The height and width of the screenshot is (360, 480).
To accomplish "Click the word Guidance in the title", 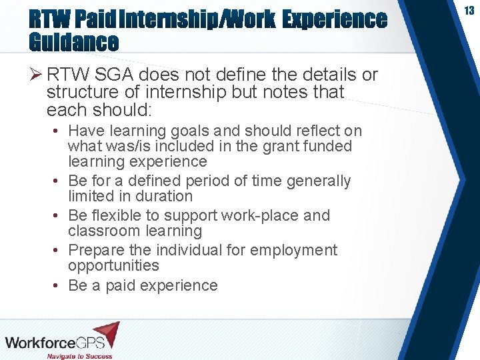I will [x=73, y=43].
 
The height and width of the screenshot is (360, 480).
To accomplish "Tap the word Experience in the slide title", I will [x=334, y=19].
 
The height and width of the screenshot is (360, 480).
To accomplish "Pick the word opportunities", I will [x=113, y=265].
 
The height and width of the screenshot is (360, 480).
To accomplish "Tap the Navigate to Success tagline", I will [x=79, y=355].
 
